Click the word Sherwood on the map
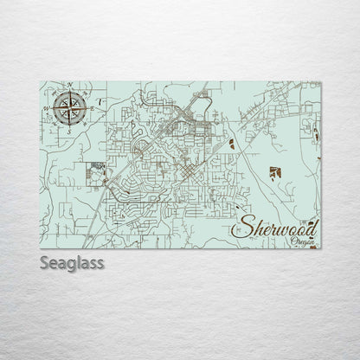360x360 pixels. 275,228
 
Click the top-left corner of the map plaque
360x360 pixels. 42,81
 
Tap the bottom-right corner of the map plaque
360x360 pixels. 319,248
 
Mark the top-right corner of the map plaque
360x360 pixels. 319,81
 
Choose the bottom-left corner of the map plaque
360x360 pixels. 42,248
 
